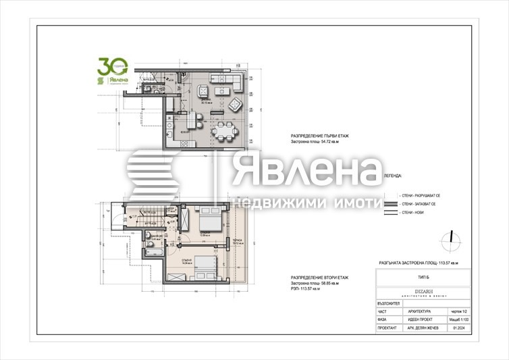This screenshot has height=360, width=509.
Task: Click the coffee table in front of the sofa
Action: pyautogui.click(x=221, y=105)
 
